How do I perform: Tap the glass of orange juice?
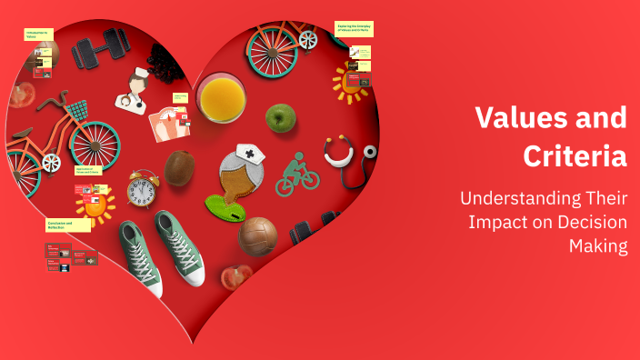[x=221, y=97]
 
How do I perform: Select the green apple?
[x=280, y=117]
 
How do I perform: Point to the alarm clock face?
[x=142, y=192]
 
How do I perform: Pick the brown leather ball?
[x=257, y=235]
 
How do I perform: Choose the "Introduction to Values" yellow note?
[x=38, y=35]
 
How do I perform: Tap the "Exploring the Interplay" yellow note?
[x=354, y=29]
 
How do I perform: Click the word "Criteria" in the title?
[x=575, y=155]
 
